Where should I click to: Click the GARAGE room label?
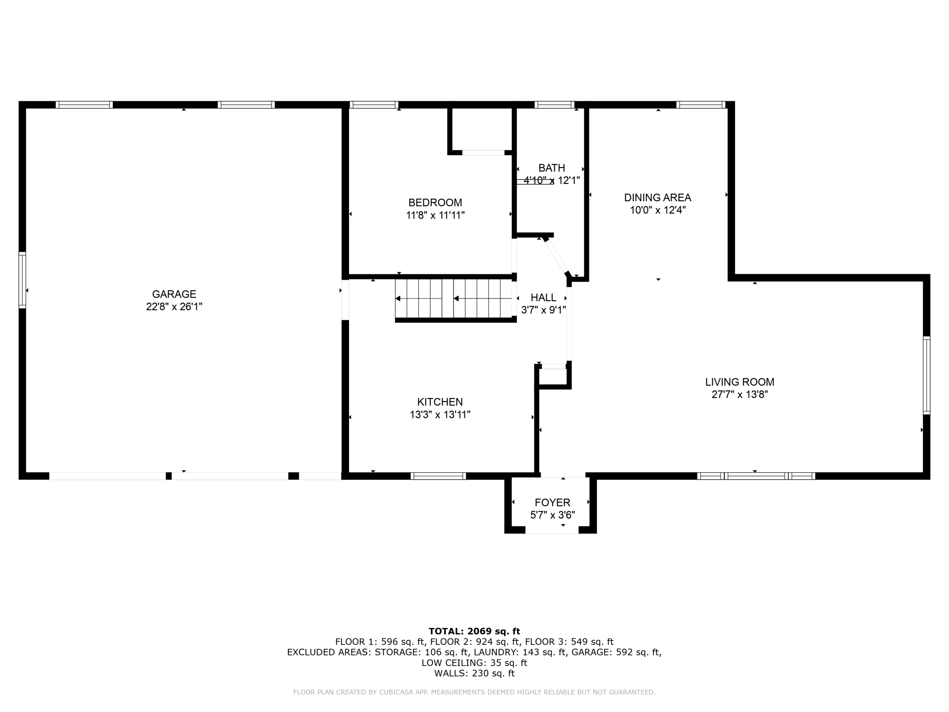tap(174, 294)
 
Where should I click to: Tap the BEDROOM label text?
tap(435, 203)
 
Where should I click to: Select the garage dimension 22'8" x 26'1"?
tap(174, 307)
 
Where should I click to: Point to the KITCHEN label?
tap(440, 402)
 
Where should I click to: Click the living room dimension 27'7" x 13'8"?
tap(740, 395)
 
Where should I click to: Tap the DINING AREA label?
tap(657, 198)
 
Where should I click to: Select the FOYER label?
tap(553, 503)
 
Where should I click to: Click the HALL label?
tap(543, 298)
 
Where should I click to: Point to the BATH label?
tap(552, 168)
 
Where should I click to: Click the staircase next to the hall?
tap(455, 298)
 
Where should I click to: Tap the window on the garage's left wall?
tap(22, 280)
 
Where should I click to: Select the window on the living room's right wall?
tap(926, 375)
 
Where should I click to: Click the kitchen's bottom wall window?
tap(438, 476)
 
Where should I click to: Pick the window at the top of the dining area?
tap(701, 105)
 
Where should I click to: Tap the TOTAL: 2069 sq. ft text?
tap(474, 631)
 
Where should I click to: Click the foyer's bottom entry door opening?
tap(552, 530)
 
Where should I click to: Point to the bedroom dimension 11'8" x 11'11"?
tap(435, 215)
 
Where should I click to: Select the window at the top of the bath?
tap(554, 105)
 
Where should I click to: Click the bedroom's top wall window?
tap(374, 105)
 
